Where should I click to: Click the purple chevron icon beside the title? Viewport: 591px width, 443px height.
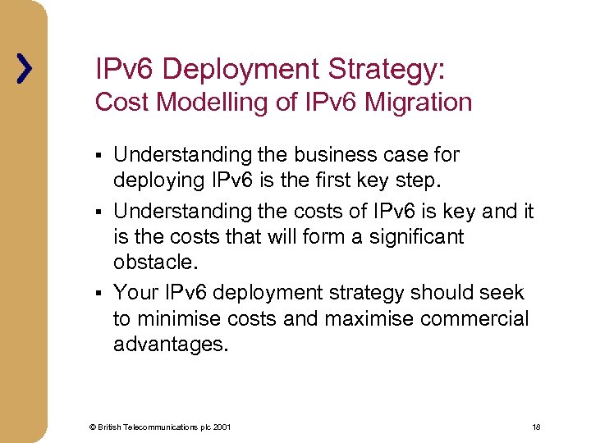(x=25, y=68)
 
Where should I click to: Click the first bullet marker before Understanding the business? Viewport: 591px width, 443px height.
(x=98, y=156)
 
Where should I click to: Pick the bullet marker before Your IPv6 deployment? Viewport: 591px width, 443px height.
(x=98, y=294)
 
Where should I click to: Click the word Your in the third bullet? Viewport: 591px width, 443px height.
(x=135, y=292)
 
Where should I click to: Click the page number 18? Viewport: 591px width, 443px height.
(x=536, y=427)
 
